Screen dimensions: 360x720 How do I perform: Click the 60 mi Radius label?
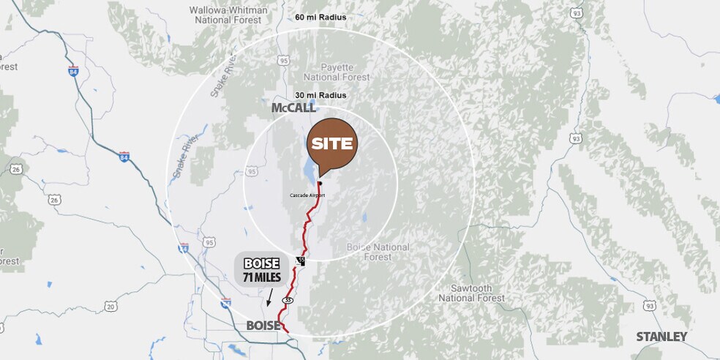point(320,17)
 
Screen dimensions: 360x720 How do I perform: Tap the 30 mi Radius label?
point(320,95)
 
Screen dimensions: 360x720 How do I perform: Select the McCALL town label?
point(293,108)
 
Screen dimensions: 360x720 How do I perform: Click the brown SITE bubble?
point(332,143)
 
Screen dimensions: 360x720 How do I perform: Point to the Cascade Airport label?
point(307,195)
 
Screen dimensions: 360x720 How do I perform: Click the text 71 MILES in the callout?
point(261,277)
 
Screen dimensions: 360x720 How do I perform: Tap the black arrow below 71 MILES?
point(269,297)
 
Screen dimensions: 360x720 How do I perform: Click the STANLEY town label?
point(661,337)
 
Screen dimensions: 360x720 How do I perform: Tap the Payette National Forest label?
point(329,71)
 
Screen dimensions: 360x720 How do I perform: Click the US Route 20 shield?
point(110,307)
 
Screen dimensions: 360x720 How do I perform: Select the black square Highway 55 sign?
point(300,260)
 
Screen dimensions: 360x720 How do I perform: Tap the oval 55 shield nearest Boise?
point(288,300)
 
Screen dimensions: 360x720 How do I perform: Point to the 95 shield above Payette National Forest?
point(284,60)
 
